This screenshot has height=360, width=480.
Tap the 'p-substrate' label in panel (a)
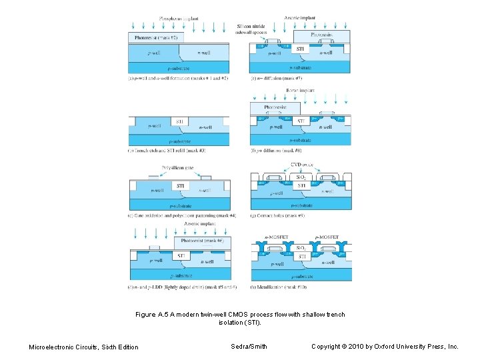(x=179, y=68)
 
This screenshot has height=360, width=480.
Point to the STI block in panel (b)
(x=179, y=122)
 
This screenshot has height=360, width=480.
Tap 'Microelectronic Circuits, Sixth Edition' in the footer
(x=84, y=347)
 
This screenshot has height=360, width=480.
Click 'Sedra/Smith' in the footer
(x=249, y=346)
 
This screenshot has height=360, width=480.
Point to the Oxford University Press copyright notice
(x=385, y=346)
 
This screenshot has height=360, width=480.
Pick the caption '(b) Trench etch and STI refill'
(x=166, y=151)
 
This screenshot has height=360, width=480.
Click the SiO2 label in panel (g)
(x=301, y=178)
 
